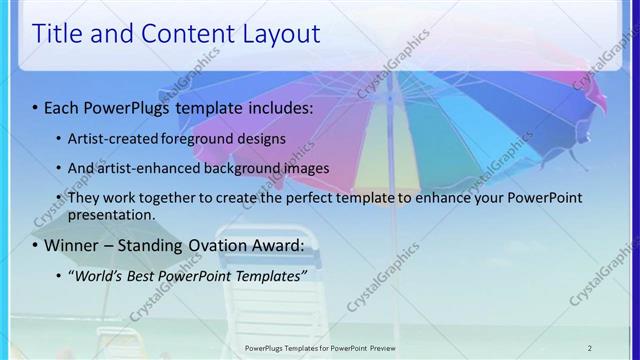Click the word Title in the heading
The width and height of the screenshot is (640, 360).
point(57,34)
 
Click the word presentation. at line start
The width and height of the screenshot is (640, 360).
point(111,215)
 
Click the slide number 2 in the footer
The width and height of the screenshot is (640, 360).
point(589,348)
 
